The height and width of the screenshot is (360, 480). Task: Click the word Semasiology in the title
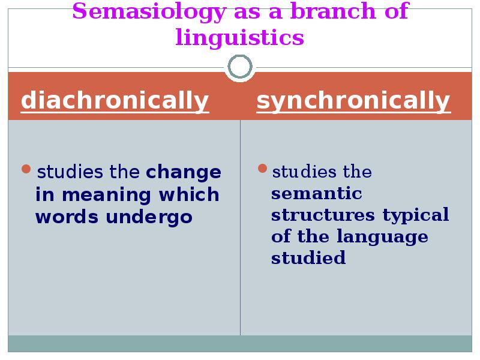point(149,12)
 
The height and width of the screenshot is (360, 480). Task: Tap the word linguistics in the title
point(239,38)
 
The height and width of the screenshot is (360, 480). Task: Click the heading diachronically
point(115,100)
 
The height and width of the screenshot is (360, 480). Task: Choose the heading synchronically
point(353,100)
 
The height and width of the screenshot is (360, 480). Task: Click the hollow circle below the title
point(240,56)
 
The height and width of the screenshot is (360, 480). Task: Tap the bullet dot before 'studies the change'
point(26,169)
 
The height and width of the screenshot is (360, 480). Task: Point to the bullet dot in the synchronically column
point(262,169)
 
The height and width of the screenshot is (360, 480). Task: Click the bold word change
point(184,172)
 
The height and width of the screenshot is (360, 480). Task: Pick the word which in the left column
point(189,194)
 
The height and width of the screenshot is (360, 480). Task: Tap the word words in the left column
point(67,217)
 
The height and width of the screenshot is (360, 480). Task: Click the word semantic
point(317,194)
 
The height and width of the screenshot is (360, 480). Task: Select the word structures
point(323,215)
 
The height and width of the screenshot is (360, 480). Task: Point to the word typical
point(416,215)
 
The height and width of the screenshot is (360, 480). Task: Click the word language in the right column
point(382,237)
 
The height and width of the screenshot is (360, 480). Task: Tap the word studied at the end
point(308,257)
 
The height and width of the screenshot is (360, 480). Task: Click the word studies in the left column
point(70,172)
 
